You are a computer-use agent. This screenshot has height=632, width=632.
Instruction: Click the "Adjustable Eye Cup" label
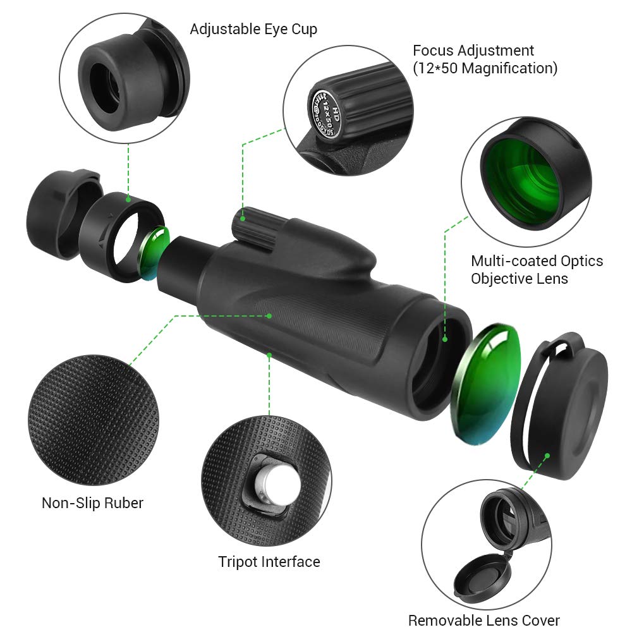pos(253,29)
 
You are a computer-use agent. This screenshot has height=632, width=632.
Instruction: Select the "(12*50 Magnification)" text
pos(485,68)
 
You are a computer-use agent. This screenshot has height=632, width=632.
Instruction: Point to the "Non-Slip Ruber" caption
pos(92,503)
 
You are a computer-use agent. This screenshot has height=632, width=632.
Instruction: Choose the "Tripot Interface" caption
pos(269,561)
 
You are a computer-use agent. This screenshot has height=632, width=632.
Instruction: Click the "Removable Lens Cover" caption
pos(483,620)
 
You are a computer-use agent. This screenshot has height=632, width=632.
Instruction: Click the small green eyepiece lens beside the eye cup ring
pos(154,252)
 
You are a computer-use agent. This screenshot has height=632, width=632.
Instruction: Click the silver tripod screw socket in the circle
pos(276,488)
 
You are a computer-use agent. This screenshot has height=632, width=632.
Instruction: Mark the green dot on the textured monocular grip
pos(269,315)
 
